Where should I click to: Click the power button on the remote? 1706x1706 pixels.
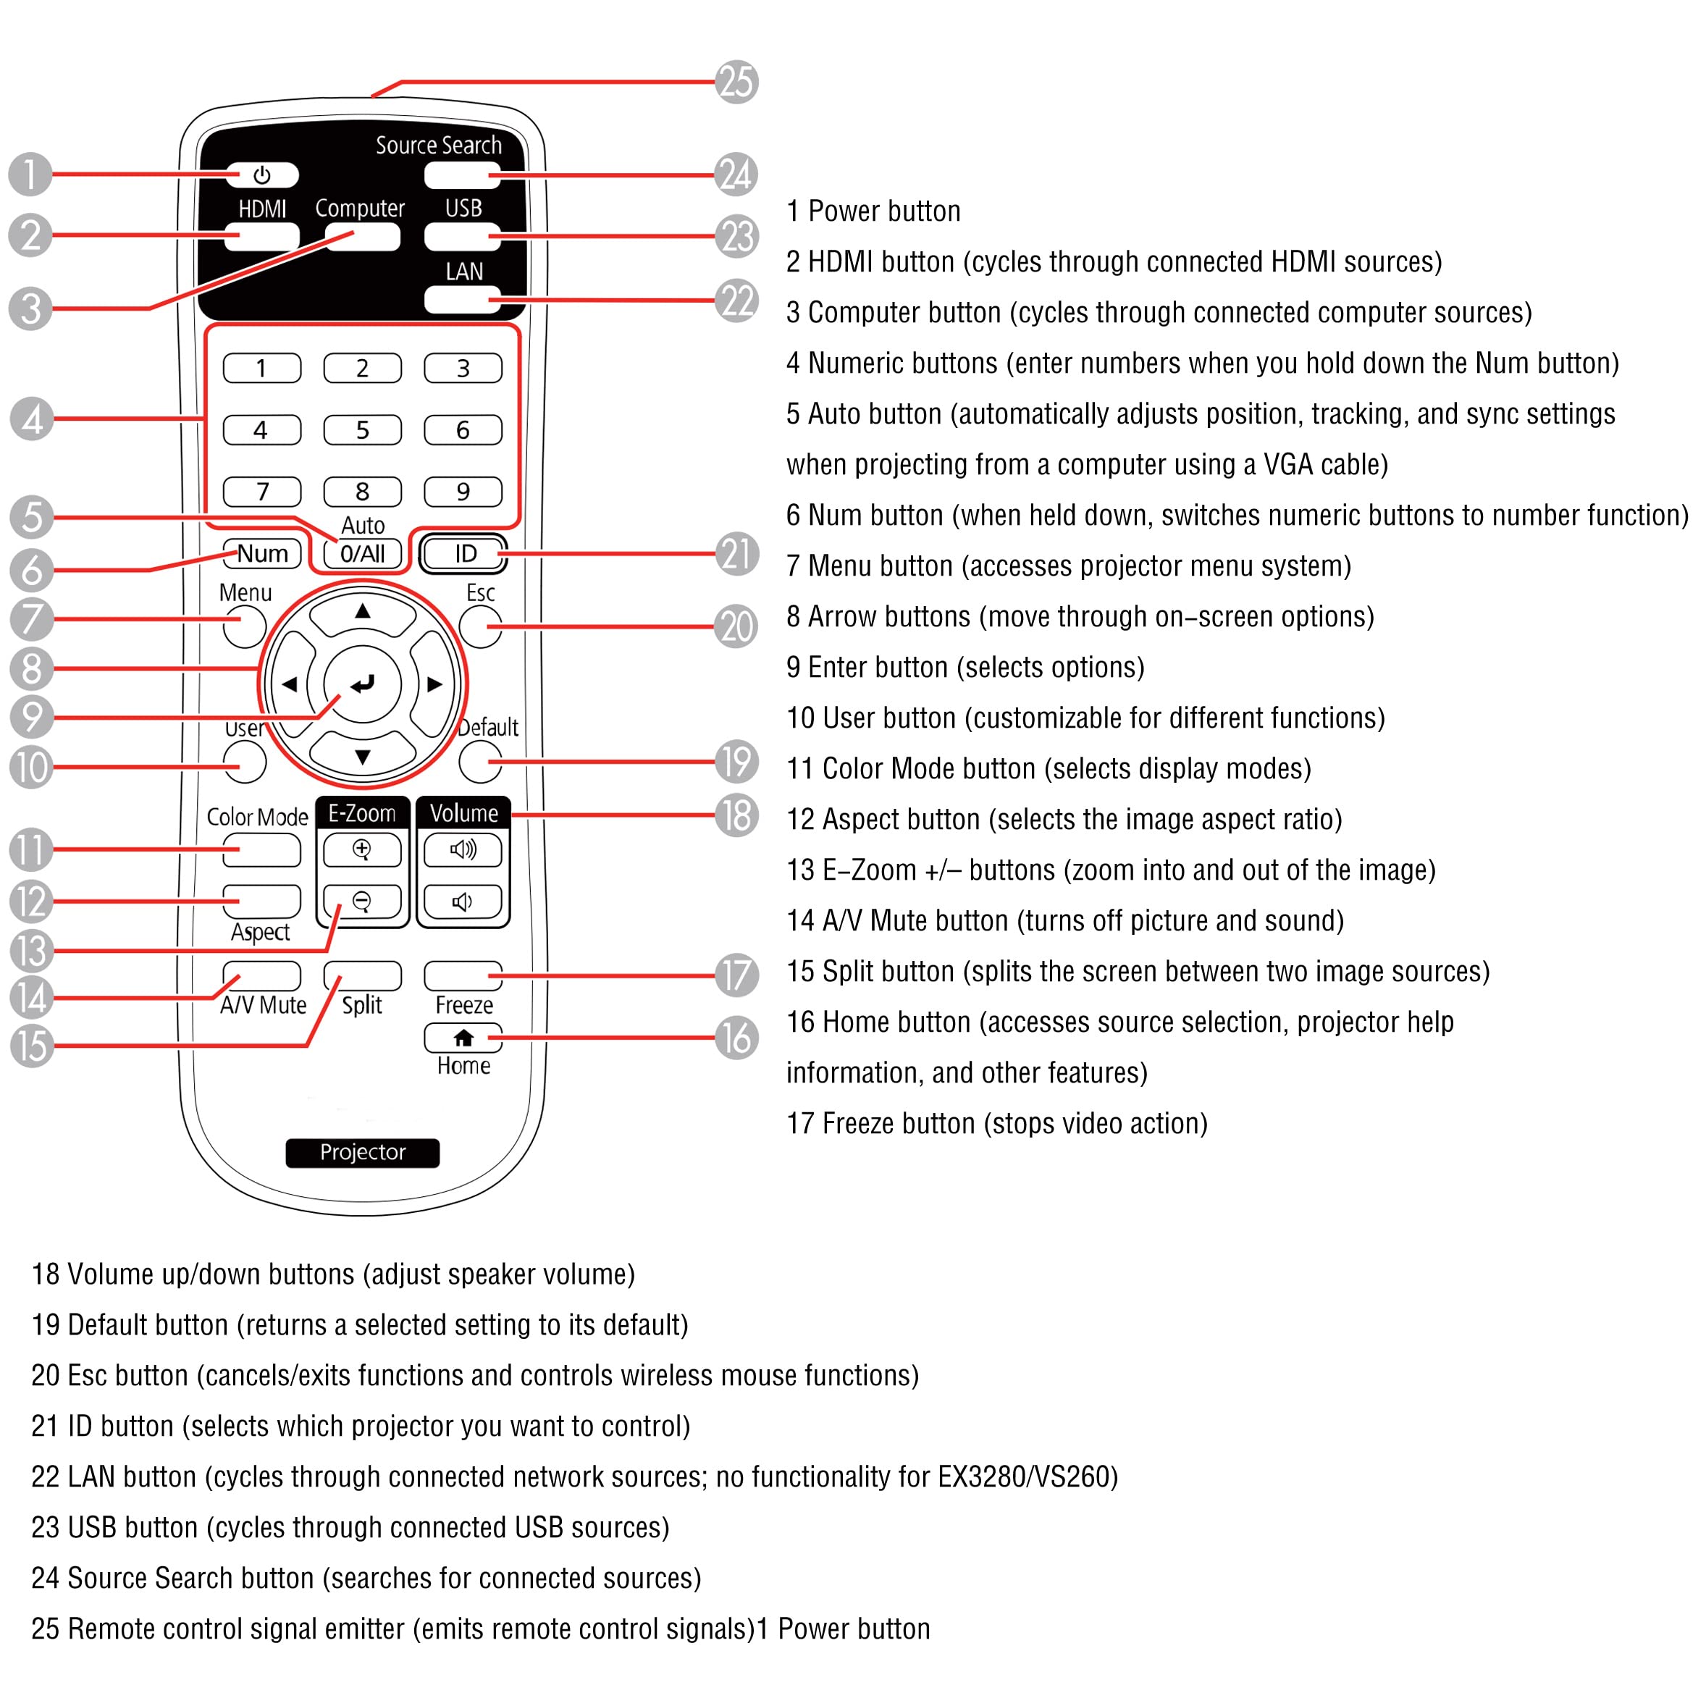pos(261,175)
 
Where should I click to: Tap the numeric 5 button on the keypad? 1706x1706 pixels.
pos(362,430)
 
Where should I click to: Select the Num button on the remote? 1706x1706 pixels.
pos(262,554)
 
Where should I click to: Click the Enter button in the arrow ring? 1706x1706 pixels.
pos(362,684)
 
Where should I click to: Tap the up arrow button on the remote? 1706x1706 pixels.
pos(362,613)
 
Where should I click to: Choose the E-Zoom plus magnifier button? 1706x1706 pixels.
pos(362,849)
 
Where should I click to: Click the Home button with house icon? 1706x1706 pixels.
pos(463,1038)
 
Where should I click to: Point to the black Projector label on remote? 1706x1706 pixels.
pos(362,1152)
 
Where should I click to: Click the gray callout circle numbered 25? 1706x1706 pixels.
pos(736,82)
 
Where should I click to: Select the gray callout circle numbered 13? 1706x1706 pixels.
pos(32,951)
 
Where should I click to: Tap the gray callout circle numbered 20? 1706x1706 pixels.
pos(736,627)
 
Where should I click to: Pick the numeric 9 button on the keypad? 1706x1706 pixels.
pos(463,492)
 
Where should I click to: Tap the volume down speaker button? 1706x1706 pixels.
pos(463,902)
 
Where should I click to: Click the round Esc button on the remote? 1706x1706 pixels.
pos(480,627)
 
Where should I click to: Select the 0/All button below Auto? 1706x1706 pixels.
pos(362,554)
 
